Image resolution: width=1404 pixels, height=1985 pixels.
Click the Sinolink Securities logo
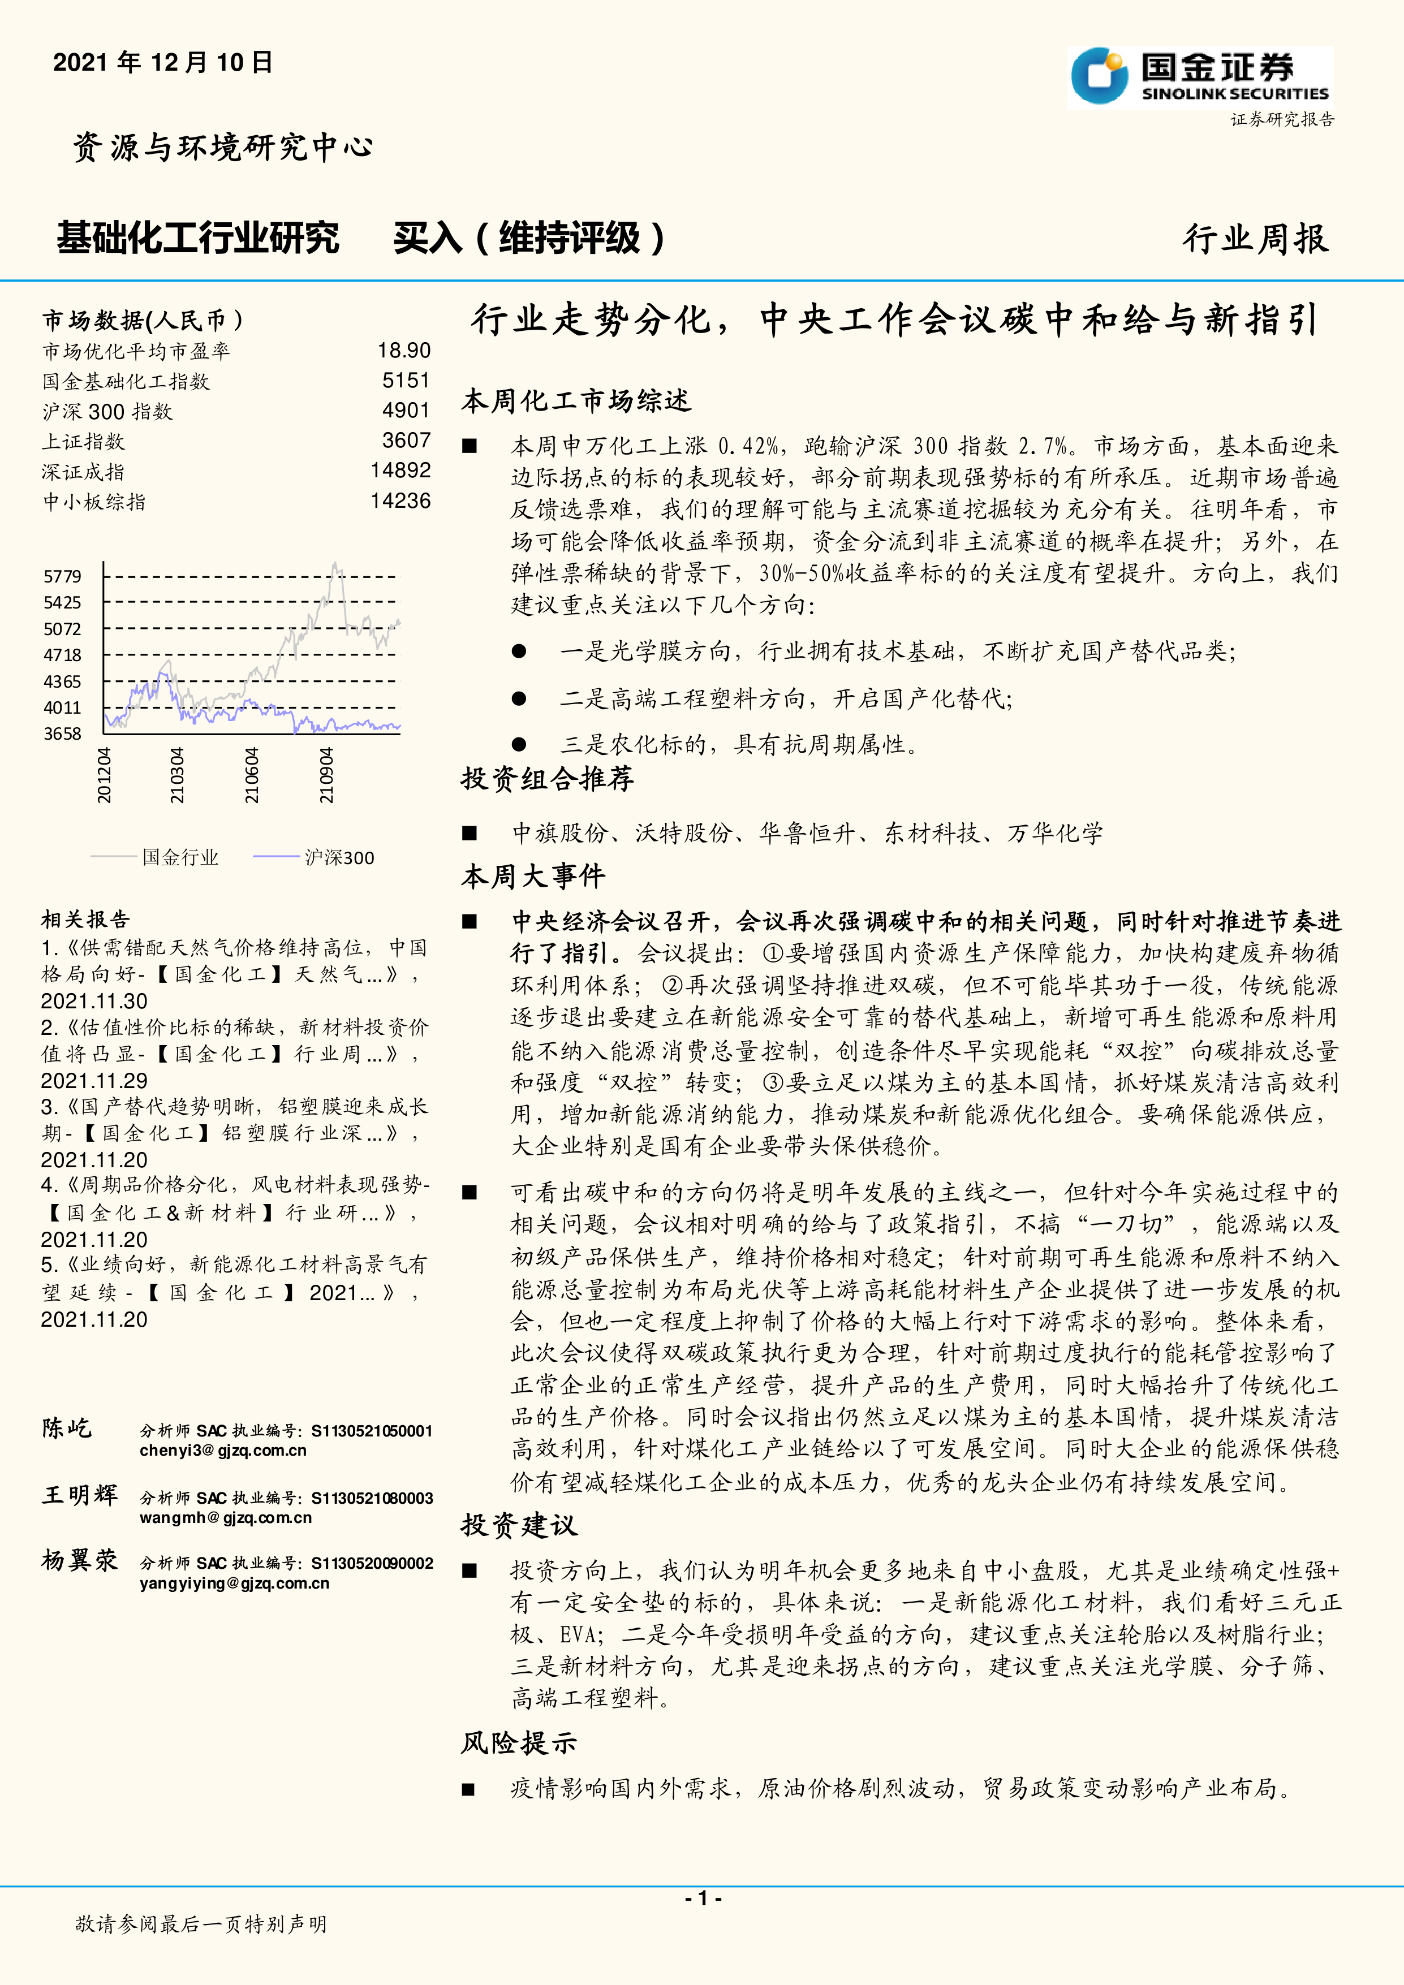click(x=1200, y=77)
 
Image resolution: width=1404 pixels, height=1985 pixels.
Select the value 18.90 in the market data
click(x=404, y=350)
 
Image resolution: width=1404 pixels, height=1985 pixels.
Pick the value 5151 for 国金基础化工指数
click(x=406, y=381)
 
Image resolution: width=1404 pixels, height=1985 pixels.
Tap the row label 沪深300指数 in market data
click(x=107, y=412)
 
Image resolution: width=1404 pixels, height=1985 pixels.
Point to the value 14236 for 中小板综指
click(x=400, y=500)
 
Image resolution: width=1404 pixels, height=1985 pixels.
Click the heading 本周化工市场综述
click(x=576, y=400)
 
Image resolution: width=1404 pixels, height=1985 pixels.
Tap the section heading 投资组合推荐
click(x=547, y=778)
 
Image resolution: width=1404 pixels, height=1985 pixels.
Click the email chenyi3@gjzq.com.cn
click(x=223, y=1450)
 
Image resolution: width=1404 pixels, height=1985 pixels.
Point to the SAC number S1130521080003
click(x=372, y=1498)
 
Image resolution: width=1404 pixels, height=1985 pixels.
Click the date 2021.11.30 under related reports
click(x=94, y=1000)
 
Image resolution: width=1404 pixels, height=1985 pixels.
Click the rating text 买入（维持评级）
click(x=529, y=239)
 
